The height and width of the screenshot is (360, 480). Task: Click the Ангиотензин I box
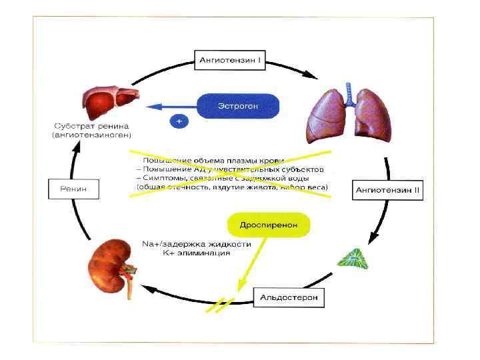click(x=231, y=59)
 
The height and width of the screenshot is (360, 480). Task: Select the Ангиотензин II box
click(x=389, y=189)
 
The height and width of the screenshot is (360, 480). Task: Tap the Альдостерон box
click(x=289, y=295)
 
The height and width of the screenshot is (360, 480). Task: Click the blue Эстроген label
click(x=238, y=105)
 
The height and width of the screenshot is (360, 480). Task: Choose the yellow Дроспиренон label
click(x=269, y=225)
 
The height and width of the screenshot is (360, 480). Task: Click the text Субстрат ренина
click(x=92, y=126)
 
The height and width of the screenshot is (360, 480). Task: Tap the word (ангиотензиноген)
click(x=92, y=135)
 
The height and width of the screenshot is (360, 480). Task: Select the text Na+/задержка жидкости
click(x=196, y=244)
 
